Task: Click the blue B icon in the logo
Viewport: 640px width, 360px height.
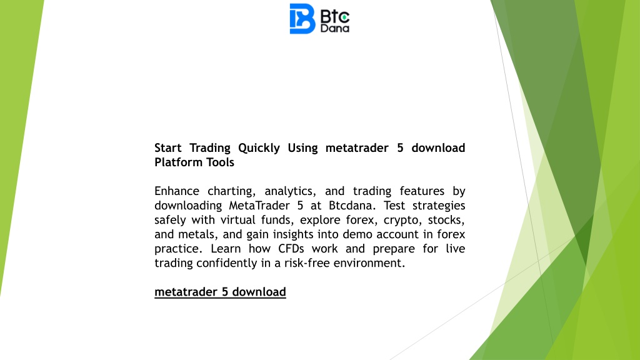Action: pos(302,19)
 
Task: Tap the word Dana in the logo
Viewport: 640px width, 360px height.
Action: pos(335,28)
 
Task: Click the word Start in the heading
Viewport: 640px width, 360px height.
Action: pos(167,147)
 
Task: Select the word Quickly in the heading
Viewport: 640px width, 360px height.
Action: pos(259,148)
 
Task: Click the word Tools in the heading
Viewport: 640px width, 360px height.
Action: pos(220,162)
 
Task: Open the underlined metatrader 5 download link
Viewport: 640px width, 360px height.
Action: pos(220,292)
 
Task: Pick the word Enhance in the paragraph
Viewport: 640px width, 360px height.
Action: pos(177,191)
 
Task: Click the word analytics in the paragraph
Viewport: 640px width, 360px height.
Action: pos(290,192)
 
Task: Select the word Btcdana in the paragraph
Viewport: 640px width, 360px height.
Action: pos(352,205)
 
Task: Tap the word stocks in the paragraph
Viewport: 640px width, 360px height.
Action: pos(446,220)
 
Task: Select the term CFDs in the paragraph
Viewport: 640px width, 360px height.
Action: pos(291,249)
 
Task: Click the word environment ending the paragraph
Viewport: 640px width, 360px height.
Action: pos(369,263)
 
